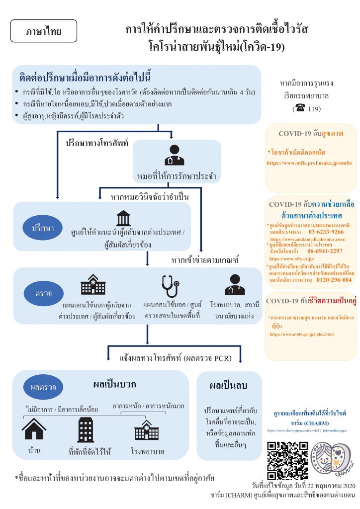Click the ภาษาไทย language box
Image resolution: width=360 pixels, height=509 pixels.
(x=44, y=31)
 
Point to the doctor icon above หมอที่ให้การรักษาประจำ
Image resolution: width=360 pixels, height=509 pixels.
(x=174, y=155)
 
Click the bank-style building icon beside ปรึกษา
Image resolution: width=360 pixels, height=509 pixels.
(x=123, y=219)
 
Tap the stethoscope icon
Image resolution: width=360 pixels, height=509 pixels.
(x=170, y=286)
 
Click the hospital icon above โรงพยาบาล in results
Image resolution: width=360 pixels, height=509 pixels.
(x=147, y=429)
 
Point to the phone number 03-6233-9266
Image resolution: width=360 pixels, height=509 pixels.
(x=326, y=232)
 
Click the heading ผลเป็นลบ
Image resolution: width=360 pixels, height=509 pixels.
(x=229, y=385)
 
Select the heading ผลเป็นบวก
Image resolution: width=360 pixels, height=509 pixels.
(x=114, y=384)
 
